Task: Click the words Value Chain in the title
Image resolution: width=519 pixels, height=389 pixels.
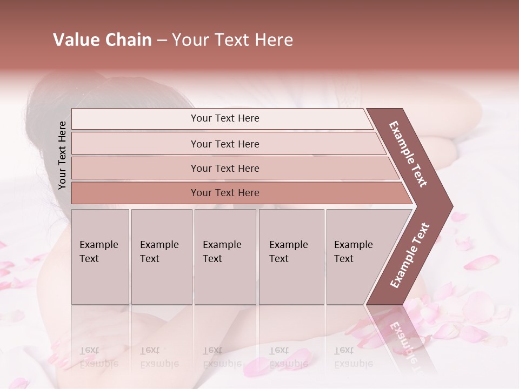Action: [102, 40]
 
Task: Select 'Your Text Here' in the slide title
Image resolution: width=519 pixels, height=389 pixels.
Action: [232, 40]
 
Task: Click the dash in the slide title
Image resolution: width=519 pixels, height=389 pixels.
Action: [161, 41]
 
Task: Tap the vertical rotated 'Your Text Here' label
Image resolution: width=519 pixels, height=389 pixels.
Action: [62, 155]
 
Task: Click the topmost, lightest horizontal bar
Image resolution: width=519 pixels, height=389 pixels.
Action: [224, 118]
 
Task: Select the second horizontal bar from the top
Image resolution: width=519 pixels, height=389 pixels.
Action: [224, 144]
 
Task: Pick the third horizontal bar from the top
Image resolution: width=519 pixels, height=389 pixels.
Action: [224, 168]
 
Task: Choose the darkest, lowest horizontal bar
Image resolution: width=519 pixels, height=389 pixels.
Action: [224, 193]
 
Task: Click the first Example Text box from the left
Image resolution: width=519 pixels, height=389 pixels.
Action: [100, 257]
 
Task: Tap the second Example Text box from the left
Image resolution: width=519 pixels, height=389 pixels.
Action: [161, 257]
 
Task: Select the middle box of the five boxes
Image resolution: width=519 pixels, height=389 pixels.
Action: [225, 257]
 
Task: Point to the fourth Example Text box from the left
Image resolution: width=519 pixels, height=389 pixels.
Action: [291, 257]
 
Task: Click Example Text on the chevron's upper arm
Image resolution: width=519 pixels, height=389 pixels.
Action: [408, 154]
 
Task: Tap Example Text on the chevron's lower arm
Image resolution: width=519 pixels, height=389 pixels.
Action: [409, 256]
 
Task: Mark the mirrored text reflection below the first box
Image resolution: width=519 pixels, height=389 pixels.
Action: [98, 357]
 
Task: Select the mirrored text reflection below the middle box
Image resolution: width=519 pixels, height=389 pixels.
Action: [222, 357]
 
